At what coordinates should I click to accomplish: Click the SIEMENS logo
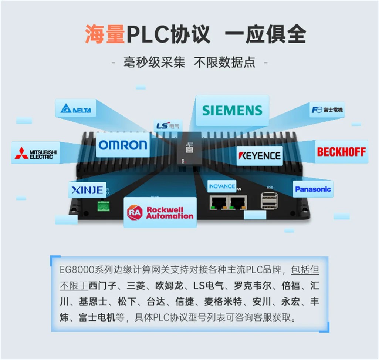click(232, 110)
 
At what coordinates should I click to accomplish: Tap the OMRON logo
click(123, 145)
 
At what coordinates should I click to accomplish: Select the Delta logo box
click(75, 109)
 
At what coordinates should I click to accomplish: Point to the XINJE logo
click(87, 190)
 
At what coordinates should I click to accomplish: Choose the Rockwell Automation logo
click(160, 212)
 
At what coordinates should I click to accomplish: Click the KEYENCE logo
click(260, 156)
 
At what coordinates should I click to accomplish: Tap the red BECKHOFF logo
click(341, 152)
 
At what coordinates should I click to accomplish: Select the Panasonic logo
click(313, 189)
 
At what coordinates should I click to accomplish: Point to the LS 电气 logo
click(167, 126)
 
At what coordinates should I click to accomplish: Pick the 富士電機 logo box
click(327, 110)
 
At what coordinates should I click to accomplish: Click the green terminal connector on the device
click(104, 206)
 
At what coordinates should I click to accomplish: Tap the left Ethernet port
click(218, 202)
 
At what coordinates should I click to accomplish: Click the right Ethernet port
click(238, 202)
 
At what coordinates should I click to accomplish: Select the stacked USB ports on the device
click(269, 201)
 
